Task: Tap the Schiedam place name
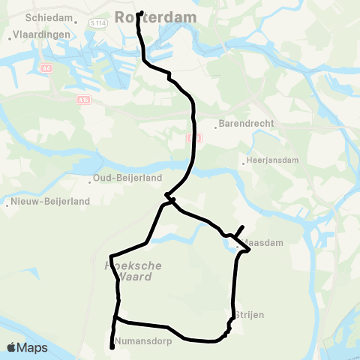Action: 49,16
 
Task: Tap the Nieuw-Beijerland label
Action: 49,201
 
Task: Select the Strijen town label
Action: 247,315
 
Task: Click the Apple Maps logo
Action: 28,347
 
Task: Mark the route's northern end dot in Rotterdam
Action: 141,12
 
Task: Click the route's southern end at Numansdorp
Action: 112,347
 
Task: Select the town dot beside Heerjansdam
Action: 244,161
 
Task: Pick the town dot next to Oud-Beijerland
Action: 90,179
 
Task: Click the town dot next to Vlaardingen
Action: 10,35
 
